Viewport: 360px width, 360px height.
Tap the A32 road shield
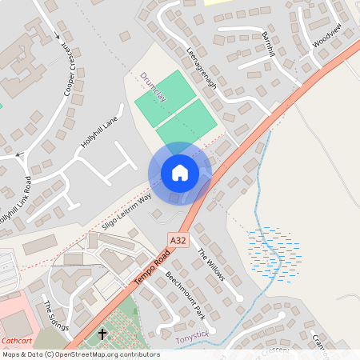[x=178, y=239]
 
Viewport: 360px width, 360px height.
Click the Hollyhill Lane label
[x=98, y=132]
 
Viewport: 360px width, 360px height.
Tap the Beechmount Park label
[x=186, y=291]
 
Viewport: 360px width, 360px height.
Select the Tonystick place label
[x=192, y=338]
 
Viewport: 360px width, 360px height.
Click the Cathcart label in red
[x=16, y=340]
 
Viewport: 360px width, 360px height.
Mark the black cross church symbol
[x=102, y=333]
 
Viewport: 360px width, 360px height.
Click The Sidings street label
[x=57, y=316]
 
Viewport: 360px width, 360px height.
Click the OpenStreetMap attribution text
[x=80, y=354]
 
